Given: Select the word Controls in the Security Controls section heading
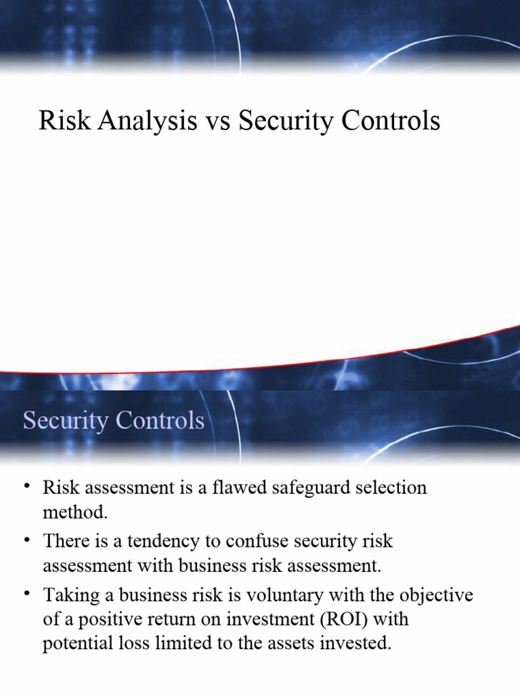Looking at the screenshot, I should point(160,420).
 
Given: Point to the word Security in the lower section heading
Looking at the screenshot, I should point(66,420).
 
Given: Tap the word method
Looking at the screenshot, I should point(74,512).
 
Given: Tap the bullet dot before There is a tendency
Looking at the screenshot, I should point(26,540).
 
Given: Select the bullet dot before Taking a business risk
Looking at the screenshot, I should point(26,594).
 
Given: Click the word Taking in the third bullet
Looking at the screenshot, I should point(70,595).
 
